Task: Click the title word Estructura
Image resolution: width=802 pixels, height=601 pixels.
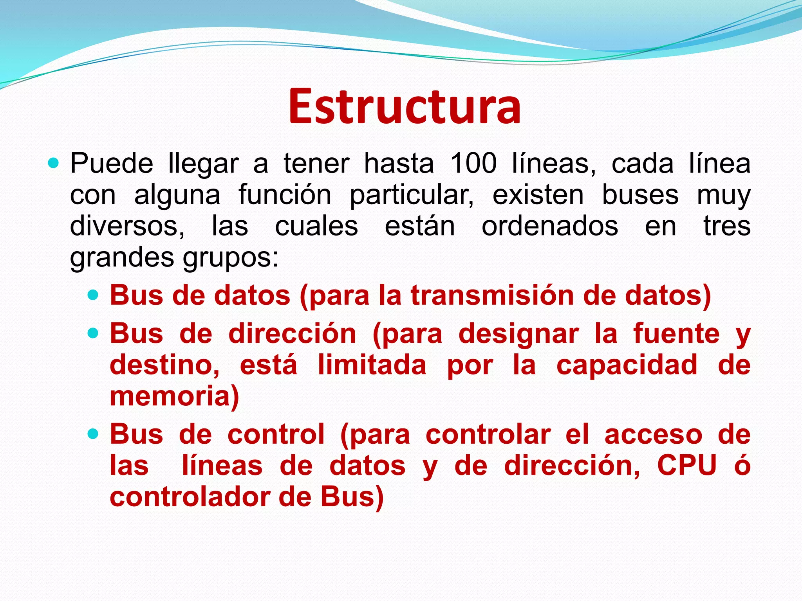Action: coord(405,106)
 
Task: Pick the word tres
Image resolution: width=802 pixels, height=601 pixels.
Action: coord(727,226)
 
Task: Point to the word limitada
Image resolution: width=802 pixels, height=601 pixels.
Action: coord(372,365)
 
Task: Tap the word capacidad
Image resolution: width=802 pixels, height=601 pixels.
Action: coord(627,365)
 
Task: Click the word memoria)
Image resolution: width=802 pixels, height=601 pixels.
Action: coord(174,396)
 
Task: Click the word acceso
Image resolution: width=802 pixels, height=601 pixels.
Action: coord(653,435)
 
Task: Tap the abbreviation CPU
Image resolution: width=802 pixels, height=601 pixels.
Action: coord(686,466)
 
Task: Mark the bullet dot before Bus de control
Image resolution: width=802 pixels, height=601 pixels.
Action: coord(93,434)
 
